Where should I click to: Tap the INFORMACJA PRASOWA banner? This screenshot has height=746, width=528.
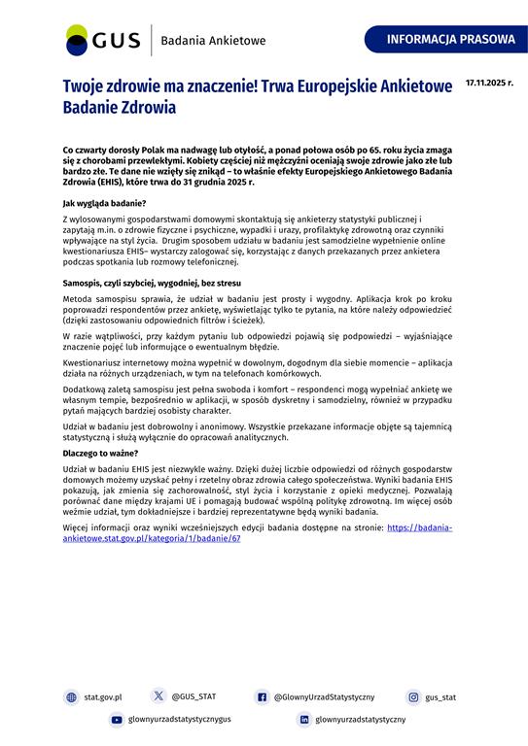coord(450,40)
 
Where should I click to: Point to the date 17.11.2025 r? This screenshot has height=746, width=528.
coord(490,83)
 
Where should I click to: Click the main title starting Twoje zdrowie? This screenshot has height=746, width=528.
coord(258,97)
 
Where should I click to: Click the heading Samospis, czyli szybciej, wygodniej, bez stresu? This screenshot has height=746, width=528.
coord(151,282)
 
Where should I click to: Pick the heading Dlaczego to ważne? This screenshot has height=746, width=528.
coord(100,453)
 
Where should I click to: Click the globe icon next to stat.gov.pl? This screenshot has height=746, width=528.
coord(71,696)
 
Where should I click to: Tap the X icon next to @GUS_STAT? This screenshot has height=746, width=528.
coord(158,696)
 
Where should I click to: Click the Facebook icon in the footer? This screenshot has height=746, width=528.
coord(262,696)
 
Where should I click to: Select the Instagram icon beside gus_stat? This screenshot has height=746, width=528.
coord(413,696)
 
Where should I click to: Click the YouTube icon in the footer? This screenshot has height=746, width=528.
coord(117,720)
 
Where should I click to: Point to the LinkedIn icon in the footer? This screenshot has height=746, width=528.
coord(304,720)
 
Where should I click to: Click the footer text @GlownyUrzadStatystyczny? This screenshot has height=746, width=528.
coord(324,696)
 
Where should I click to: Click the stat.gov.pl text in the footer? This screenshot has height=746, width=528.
coord(102,696)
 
